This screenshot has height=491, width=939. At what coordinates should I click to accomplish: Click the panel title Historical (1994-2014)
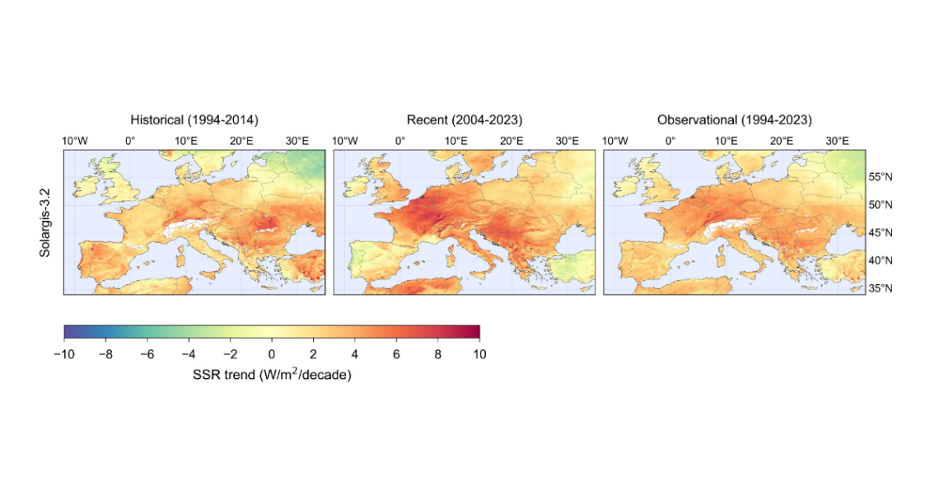click(x=194, y=120)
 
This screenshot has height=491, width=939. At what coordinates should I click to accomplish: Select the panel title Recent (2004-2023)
click(x=465, y=120)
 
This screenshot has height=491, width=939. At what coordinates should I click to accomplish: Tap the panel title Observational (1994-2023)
click(x=734, y=120)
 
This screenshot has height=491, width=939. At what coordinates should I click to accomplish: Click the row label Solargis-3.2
click(x=45, y=222)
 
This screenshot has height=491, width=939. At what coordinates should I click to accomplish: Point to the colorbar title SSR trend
click(x=271, y=376)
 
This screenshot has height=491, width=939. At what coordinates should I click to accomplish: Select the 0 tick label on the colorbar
click(x=271, y=354)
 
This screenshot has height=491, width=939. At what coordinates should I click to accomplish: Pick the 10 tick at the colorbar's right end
click(x=479, y=354)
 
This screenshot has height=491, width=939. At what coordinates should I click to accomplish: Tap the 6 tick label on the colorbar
click(x=396, y=354)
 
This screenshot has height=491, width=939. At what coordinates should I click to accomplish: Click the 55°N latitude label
click(x=882, y=177)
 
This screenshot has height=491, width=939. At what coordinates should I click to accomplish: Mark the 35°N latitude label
click(x=882, y=288)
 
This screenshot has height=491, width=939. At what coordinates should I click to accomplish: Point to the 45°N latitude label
click(x=882, y=232)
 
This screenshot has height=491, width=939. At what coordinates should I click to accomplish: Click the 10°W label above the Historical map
click(x=75, y=141)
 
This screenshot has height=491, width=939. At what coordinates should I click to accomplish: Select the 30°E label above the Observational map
click(x=838, y=141)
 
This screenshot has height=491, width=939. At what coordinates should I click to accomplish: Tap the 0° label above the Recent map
click(x=400, y=141)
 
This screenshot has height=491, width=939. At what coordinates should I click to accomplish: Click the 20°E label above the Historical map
click(x=242, y=141)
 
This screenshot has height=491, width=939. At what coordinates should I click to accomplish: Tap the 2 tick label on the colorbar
click(x=313, y=354)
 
